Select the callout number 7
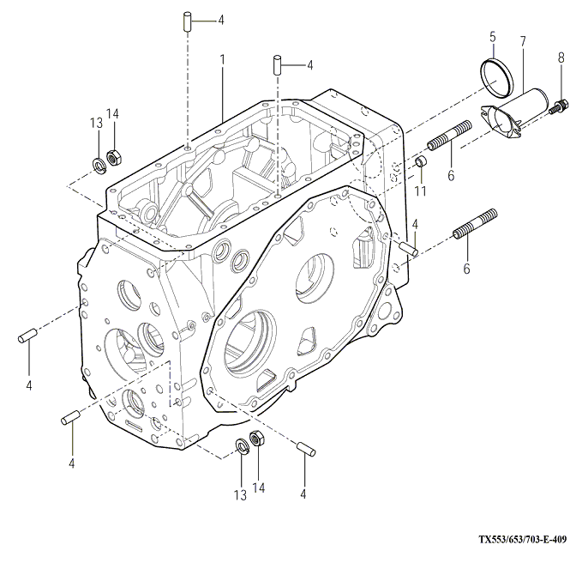tap(523, 40)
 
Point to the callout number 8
tap(561, 58)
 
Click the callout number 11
tap(420, 191)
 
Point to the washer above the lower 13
tap(243, 445)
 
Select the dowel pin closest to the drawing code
tap(305, 448)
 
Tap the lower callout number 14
tap(259, 487)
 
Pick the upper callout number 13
tap(96, 123)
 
